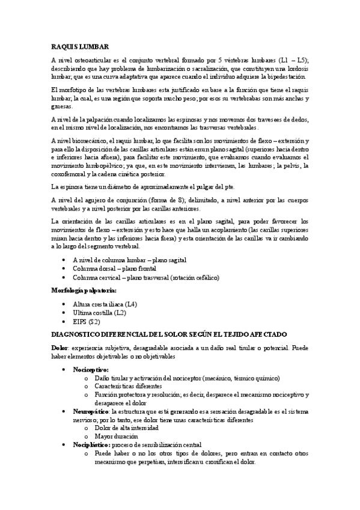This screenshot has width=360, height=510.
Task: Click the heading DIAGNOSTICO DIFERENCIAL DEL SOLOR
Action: click(x=169, y=334)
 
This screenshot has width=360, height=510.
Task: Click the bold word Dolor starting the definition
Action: click(x=61, y=348)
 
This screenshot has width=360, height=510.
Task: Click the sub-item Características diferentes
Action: click(x=128, y=386)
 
